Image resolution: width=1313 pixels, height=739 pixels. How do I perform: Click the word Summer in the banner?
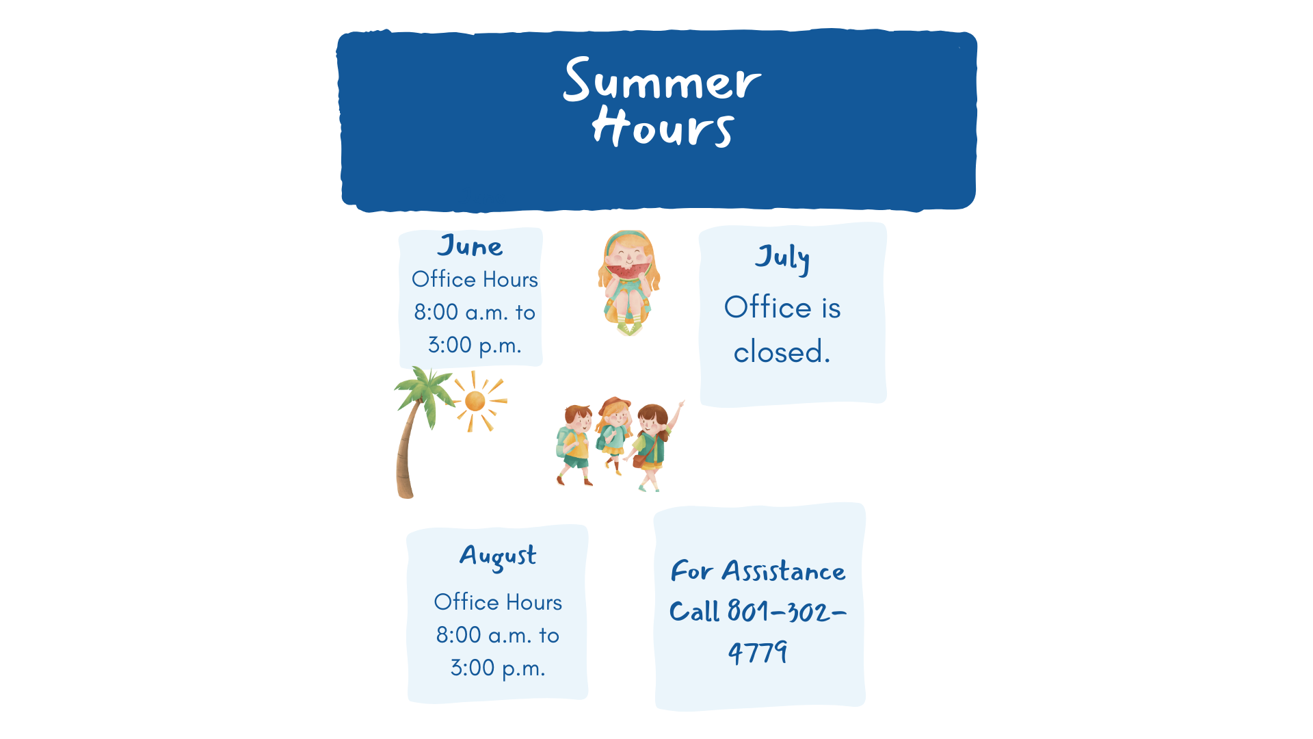pyautogui.click(x=661, y=80)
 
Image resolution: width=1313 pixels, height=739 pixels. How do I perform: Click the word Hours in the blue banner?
pyautogui.click(x=663, y=127)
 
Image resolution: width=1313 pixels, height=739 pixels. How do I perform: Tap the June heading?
pyautogui.click(x=470, y=246)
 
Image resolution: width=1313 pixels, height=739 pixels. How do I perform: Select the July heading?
pyautogui.click(x=782, y=259)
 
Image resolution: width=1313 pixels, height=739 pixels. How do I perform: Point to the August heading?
pyautogui.click(x=498, y=557)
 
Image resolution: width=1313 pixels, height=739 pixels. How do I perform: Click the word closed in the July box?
pyautogui.click(x=782, y=352)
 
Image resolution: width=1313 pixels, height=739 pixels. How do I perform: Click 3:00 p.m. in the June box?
pyautogui.click(x=475, y=345)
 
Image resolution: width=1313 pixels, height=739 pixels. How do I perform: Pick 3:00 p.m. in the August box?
pyautogui.click(x=498, y=668)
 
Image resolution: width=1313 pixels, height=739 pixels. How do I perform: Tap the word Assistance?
pyautogui.click(x=784, y=571)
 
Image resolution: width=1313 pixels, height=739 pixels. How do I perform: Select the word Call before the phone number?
pyautogui.click(x=694, y=611)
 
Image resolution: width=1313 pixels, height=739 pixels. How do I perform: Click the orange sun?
pyautogui.click(x=475, y=401)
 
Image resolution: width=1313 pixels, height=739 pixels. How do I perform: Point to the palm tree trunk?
pyautogui.click(x=407, y=452)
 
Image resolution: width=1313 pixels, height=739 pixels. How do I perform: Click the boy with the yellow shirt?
pyautogui.click(x=575, y=445)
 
